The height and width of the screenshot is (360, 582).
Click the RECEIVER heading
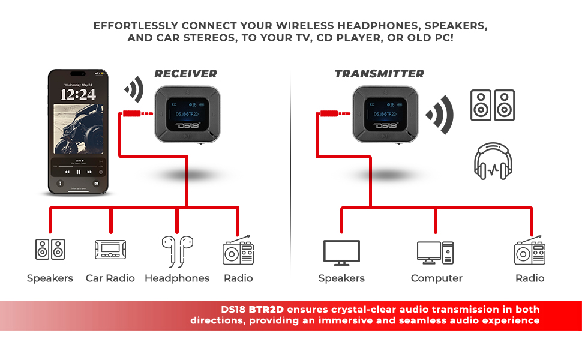185,74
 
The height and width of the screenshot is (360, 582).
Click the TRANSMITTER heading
379,74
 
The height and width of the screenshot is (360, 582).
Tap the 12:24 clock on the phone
78,94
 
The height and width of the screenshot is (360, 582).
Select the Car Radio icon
110,250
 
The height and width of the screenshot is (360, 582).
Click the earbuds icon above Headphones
177,251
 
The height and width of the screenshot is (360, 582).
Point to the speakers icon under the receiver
50,250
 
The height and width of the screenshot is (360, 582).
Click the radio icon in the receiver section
238,251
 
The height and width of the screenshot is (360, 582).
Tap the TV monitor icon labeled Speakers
341,253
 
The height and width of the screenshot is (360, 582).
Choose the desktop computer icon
435,253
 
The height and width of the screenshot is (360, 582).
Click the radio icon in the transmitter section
530,251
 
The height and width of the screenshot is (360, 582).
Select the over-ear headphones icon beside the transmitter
492,161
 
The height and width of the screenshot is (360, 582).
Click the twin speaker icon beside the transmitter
492,106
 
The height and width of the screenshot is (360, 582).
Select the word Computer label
436,278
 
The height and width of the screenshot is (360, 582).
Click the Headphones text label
177,278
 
